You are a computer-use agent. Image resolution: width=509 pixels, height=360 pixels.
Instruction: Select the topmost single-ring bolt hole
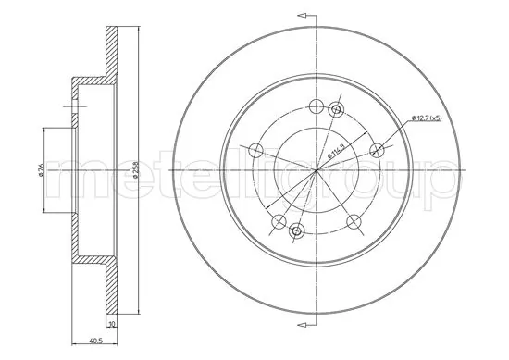click(315, 106)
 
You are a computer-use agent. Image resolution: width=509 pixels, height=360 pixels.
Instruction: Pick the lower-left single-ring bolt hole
click(276, 220)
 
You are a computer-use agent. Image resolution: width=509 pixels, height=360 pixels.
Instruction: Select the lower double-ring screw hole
click(296, 230)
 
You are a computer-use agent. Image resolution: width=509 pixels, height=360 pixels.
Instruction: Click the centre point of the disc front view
click(315, 171)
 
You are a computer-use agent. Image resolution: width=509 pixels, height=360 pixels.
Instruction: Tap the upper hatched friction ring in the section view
click(114, 51)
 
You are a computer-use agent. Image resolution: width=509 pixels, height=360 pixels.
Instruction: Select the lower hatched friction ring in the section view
click(114, 287)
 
